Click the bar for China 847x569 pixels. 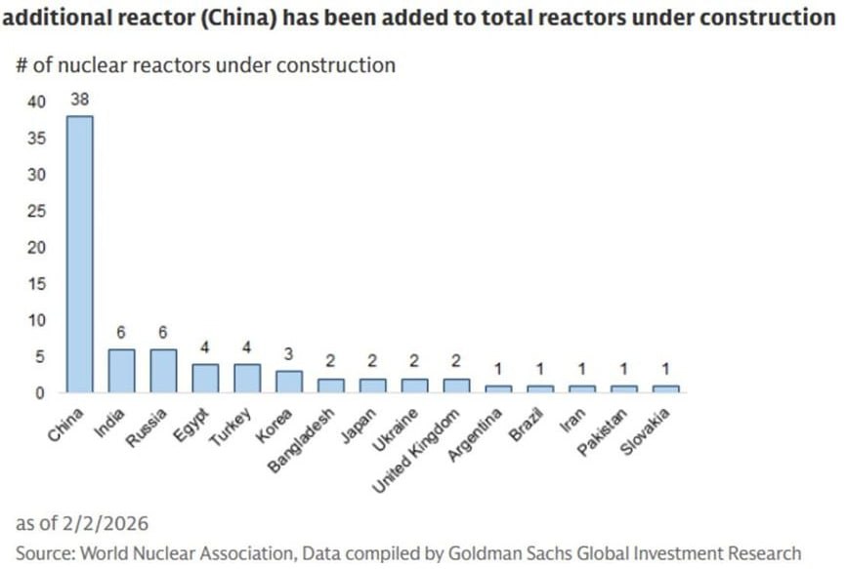pyautogui.click(x=79, y=254)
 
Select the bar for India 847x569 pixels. pyautogui.click(x=121, y=371)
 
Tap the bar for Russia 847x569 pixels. pyautogui.click(x=163, y=371)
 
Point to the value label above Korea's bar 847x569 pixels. pyautogui.click(x=289, y=354)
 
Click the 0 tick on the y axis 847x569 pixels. pyautogui.click(x=40, y=393)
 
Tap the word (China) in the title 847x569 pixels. pyautogui.click(x=248, y=18)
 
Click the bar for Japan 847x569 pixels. pyautogui.click(x=372, y=386)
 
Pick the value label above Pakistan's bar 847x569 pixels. pyautogui.click(x=623, y=369)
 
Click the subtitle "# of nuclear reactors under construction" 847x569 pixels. pyautogui.click(x=206, y=65)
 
